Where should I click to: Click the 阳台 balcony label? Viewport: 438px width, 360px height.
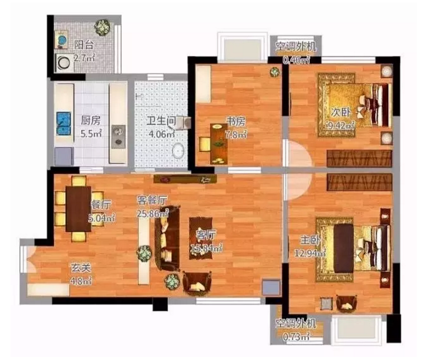coord(84,45)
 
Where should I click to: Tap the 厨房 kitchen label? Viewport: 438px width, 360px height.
coord(90,121)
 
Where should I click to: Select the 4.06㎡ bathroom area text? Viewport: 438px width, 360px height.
coord(162,134)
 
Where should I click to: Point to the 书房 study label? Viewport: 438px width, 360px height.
coord(236,122)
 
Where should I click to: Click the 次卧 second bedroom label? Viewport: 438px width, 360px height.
coord(341,112)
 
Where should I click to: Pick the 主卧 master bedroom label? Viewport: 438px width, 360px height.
coord(310,240)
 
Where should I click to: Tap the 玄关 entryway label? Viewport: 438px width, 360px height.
coord(81,268)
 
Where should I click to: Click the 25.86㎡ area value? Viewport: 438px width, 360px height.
coord(152,213)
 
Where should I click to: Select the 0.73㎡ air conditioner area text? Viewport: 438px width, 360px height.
coord(296,337)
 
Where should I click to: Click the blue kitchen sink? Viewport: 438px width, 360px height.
coord(64,124)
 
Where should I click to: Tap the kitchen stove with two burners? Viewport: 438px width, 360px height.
coord(119,137)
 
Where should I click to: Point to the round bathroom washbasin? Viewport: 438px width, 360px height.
coord(178,151)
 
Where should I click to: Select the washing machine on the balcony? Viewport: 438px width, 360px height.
coord(64,63)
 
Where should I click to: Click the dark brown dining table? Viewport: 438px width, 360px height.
coord(79,209)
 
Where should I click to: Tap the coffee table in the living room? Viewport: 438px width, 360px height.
coord(200,238)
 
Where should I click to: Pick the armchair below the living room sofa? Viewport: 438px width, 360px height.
coord(197,284)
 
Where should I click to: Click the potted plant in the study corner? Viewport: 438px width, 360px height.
coord(275,72)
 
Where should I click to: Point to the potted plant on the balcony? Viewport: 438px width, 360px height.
coord(102,27)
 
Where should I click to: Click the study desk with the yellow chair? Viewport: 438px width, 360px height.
coord(218,143)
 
